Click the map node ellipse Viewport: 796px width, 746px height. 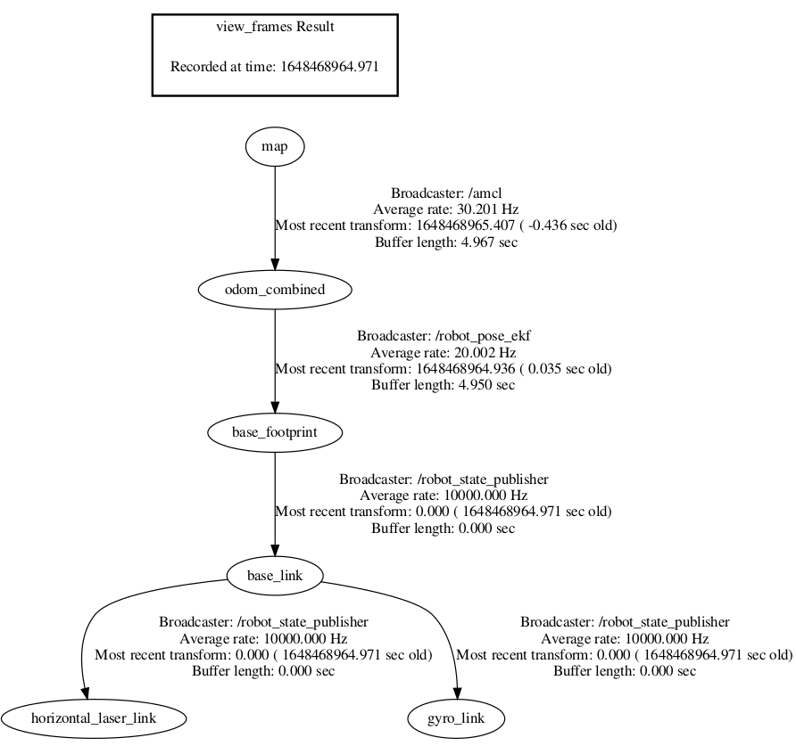(x=275, y=146)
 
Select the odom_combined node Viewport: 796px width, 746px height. (x=275, y=290)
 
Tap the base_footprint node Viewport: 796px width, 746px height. (x=275, y=433)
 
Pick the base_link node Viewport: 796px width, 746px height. (x=275, y=576)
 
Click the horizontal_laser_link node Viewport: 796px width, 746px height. (x=94, y=717)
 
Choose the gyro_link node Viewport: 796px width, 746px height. (x=456, y=717)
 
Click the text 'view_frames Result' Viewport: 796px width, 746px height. (x=275, y=27)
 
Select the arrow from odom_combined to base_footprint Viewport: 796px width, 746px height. (x=275, y=361)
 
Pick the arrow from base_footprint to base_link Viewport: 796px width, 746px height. (x=275, y=504)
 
